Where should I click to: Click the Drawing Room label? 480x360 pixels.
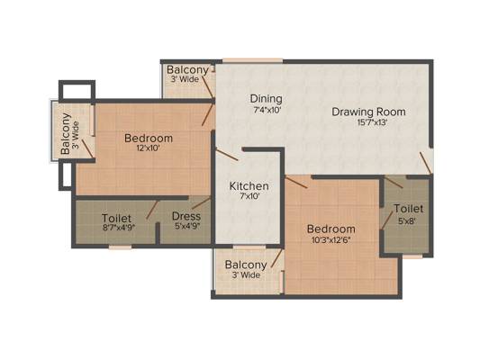tap(368, 112)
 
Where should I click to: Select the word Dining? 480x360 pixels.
tap(266, 99)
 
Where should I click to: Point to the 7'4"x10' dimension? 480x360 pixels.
tap(267, 110)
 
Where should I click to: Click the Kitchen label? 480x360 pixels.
tap(249, 186)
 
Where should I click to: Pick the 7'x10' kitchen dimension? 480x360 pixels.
tap(249, 196)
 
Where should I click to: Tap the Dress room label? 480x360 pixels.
tap(186, 217)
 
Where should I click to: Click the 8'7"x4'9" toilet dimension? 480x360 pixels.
tap(118, 228)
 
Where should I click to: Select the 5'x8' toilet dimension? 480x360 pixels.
tap(407, 220)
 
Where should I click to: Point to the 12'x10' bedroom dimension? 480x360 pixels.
tap(149, 148)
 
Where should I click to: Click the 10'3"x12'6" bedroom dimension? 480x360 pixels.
tap(331, 239)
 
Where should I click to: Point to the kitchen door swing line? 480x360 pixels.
tap(227, 155)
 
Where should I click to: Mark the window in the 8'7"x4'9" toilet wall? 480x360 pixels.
tap(121, 247)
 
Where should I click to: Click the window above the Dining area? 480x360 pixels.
tap(253, 60)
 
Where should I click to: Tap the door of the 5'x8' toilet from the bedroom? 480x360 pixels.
tap(386, 220)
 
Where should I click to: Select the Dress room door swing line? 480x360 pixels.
tap(202, 202)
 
